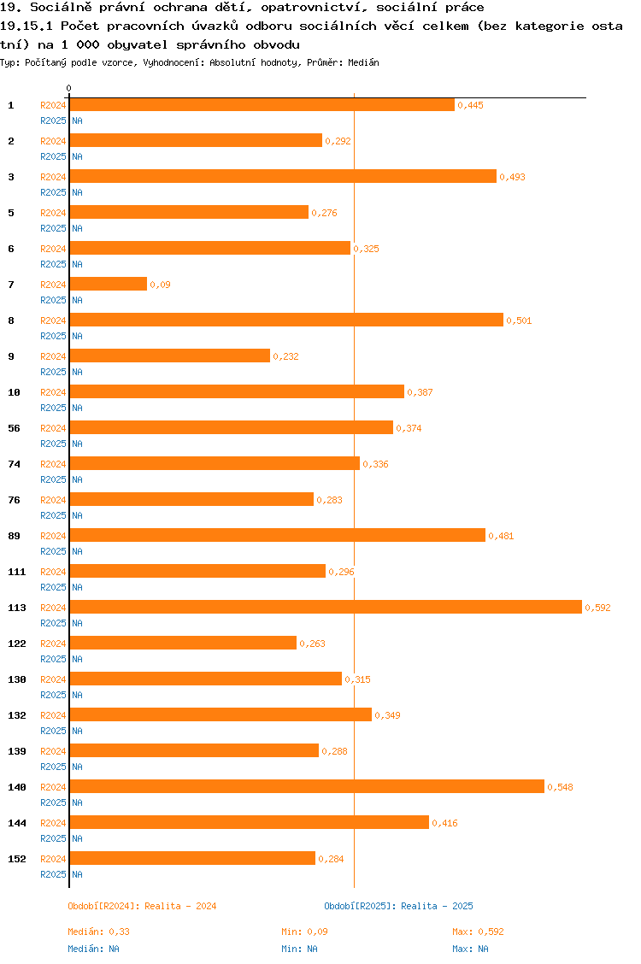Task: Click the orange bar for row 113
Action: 326,607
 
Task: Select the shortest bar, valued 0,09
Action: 109,284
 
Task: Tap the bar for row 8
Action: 286,320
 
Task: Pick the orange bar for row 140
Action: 307,786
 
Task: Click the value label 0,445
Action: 471,105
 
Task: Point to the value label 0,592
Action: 597,608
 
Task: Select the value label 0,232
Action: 286,356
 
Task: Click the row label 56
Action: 15,428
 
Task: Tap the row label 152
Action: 17,859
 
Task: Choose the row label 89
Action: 15,536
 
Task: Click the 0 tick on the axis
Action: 69,89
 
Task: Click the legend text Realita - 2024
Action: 180,906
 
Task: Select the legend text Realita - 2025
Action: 437,906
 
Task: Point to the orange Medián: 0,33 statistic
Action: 99,932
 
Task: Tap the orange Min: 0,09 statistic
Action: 304,932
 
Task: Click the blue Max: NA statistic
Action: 470,949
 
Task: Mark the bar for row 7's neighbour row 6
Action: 209,248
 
